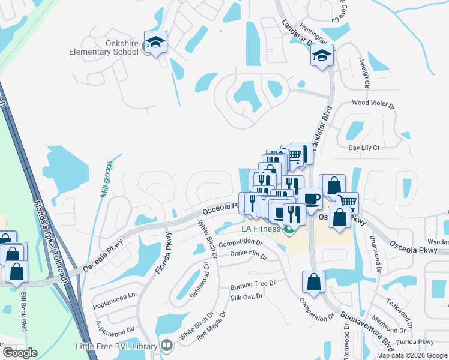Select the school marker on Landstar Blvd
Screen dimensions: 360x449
322,56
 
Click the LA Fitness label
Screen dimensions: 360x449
261,229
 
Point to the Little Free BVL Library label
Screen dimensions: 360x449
116,346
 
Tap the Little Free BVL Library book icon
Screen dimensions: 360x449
166,346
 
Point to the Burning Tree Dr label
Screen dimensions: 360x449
253,283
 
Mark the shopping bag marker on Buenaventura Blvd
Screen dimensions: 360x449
313,281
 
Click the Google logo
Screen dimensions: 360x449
20,353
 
